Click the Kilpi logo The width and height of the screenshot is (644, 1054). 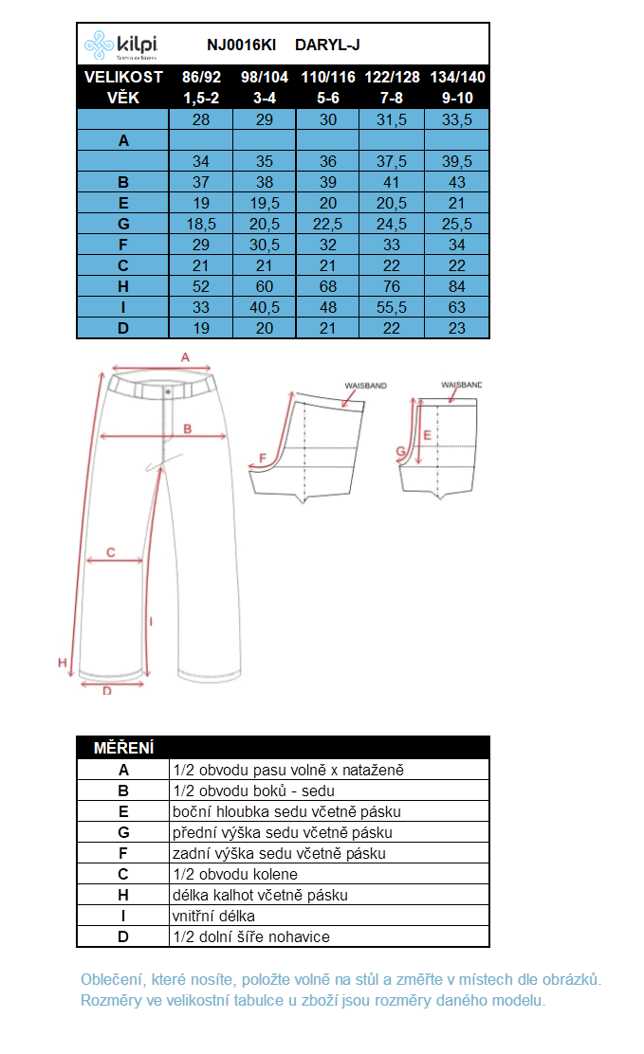tap(120, 45)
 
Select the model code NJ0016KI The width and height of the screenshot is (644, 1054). tap(241, 45)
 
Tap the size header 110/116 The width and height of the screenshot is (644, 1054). tap(328, 78)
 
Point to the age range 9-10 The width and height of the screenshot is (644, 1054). tap(457, 99)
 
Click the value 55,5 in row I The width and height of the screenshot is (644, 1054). tap(391, 307)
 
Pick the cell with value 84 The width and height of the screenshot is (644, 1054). tap(457, 286)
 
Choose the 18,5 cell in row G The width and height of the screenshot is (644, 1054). tap(201, 224)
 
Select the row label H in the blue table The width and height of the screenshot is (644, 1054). tap(123, 286)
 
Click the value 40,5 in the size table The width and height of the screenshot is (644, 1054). tap(265, 307)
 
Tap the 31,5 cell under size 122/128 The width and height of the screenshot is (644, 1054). tap(391, 119)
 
